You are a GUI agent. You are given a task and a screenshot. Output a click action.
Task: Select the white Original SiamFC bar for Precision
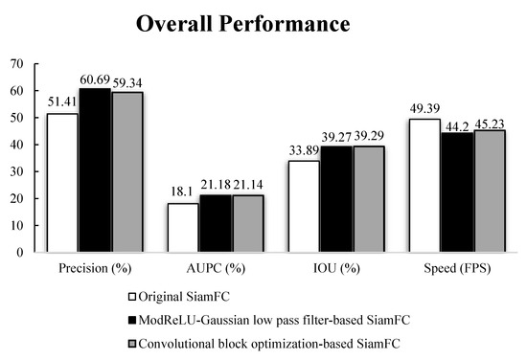click(x=62, y=183)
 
